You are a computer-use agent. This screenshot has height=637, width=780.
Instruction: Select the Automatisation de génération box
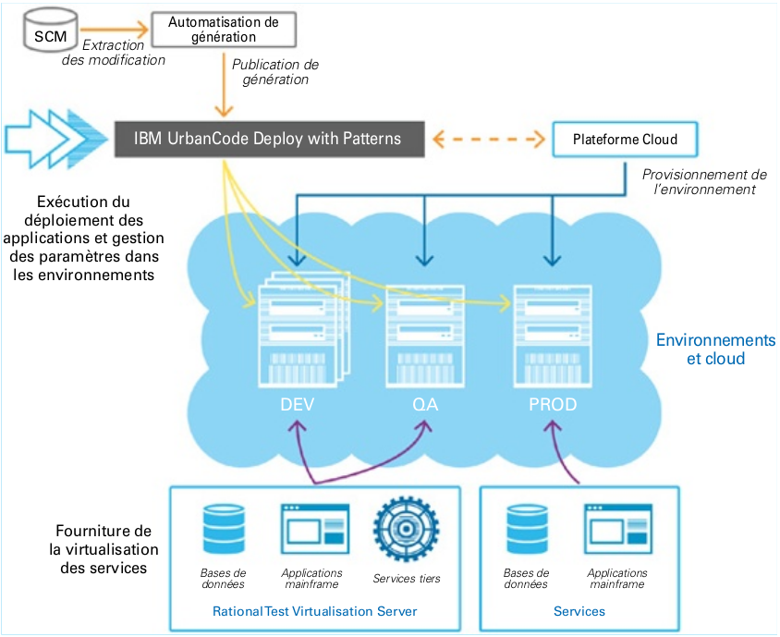click(x=224, y=30)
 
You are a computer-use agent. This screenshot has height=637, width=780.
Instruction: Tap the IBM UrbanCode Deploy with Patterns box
click(x=268, y=139)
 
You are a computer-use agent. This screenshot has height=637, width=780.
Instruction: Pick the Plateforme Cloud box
click(x=625, y=140)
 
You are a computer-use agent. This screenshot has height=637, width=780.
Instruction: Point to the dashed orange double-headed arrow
click(x=488, y=140)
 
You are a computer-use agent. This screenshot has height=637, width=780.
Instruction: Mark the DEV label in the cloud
click(x=298, y=405)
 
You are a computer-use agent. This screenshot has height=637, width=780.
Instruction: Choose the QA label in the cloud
click(x=426, y=405)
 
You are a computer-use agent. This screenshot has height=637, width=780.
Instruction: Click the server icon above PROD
click(x=552, y=335)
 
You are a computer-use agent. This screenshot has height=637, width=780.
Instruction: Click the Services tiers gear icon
click(x=406, y=530)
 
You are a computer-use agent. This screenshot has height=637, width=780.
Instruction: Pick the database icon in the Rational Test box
click(x=224, y=530)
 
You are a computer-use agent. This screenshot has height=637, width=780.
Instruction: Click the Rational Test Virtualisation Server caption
click(x=315, y=611)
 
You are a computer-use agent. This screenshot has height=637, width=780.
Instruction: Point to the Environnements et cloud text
click(x=715, y=349)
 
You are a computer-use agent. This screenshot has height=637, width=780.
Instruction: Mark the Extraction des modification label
click(x=113, y=52)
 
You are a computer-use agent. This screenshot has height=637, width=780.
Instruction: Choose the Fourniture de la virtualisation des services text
click(x=103, y=549)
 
